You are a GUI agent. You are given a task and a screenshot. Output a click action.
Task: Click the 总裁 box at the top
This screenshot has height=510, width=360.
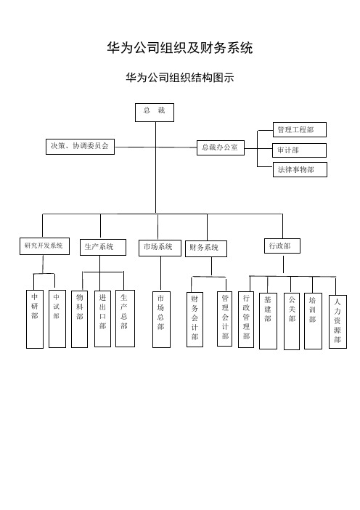click(x=155, y=113)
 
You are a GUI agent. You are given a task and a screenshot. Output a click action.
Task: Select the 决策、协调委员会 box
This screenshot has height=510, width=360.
click(x=80, y=146)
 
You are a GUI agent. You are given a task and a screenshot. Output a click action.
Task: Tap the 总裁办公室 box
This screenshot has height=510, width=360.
click(x=221, y=147)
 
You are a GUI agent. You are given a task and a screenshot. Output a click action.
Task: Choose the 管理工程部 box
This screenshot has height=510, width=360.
click(x=300, y=130)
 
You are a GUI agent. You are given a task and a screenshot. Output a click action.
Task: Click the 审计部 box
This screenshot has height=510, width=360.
click(x=300, y=150)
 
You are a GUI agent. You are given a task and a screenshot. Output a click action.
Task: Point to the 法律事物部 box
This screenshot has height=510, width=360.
click(x=300, y=169)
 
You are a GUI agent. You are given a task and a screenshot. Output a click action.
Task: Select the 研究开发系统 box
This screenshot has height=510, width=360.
click(x=44, y=246)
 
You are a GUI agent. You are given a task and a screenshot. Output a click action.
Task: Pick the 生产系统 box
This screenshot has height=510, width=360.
click(x=103, y=247)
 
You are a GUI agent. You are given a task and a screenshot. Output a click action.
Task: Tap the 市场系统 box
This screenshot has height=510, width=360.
click(x=160, y=248)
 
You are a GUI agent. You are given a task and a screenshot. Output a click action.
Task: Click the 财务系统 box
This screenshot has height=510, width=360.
click(x=206, y=248)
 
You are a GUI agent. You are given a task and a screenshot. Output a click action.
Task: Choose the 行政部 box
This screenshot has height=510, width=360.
click(x=282, y=246)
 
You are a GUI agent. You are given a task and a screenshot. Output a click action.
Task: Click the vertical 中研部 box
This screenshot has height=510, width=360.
click(x=35, y=319)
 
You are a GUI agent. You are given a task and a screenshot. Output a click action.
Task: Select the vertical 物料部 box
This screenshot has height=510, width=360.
click(x=79, y=319)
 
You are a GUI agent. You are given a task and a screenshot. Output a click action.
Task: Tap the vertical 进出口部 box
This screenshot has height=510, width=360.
click(x=102, y=319)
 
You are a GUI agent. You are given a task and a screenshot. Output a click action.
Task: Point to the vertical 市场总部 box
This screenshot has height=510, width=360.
click(x=161, y=320)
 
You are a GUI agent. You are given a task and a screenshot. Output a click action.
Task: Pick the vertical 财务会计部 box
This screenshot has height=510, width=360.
click(x=195, y=320)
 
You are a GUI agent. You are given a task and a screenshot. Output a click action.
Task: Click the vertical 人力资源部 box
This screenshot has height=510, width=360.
click(x=338, y=322)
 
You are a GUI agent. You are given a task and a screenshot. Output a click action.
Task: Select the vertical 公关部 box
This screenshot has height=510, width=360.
click(x=292, y=321)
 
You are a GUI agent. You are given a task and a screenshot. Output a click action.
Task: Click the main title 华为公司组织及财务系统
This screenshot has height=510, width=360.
click(x=180, y=48)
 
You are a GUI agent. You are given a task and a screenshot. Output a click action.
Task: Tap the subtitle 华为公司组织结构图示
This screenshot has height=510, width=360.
click(x=180, y=78)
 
